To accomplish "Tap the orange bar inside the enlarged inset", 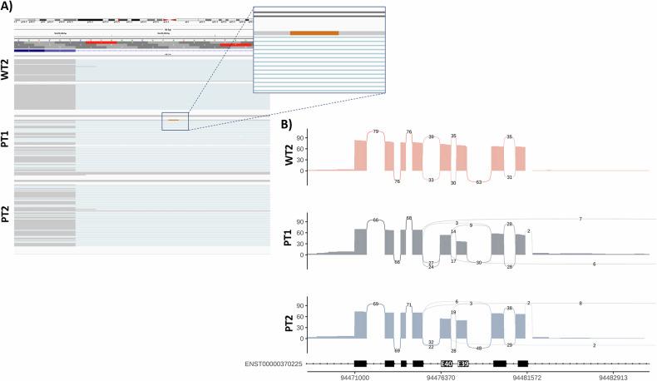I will (314, 32).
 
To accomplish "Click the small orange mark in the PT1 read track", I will (173, 120).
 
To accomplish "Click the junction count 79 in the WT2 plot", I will (376, 131).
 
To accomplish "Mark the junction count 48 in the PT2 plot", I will (479, 348).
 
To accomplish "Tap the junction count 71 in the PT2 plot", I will (408, 305).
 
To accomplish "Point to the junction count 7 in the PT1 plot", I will (580, 218).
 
